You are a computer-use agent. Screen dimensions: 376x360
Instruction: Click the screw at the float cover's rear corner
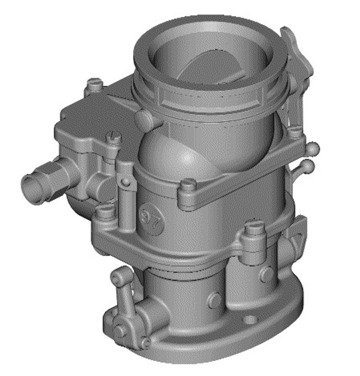[94, 84]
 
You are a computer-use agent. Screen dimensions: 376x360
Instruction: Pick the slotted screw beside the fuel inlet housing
[114, 138]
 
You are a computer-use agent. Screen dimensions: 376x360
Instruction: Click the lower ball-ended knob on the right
[308, 166]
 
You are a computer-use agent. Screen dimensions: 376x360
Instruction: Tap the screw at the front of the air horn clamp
[188, 184]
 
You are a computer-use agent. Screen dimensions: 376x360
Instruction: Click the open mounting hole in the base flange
[248, 319]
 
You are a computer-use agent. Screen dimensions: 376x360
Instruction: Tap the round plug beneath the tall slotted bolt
[266, 275]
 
